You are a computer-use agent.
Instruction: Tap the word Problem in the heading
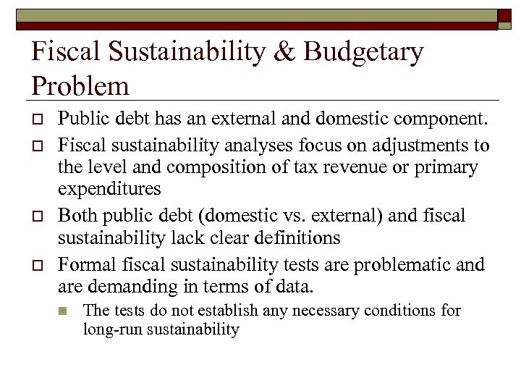tap(80, 86)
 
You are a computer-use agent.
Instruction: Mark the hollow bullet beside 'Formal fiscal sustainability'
tap(38, 264)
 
